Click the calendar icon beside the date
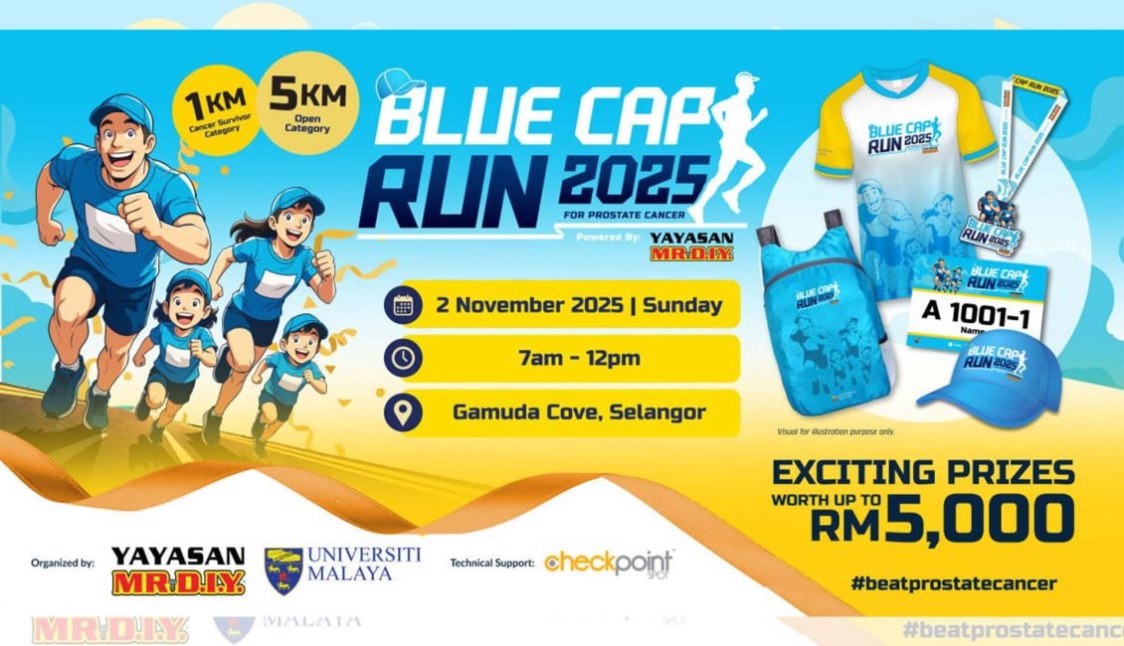tap(403, 305)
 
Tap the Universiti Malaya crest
tap(283, 570)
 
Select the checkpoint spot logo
tap(609, 564)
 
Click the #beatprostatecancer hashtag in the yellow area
tap(953, 583)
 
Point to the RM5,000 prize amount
tap(942, 518)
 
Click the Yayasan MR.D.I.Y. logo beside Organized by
tap(177, 570)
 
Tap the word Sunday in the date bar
tap(682, 305)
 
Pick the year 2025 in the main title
tap(630, 178)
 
